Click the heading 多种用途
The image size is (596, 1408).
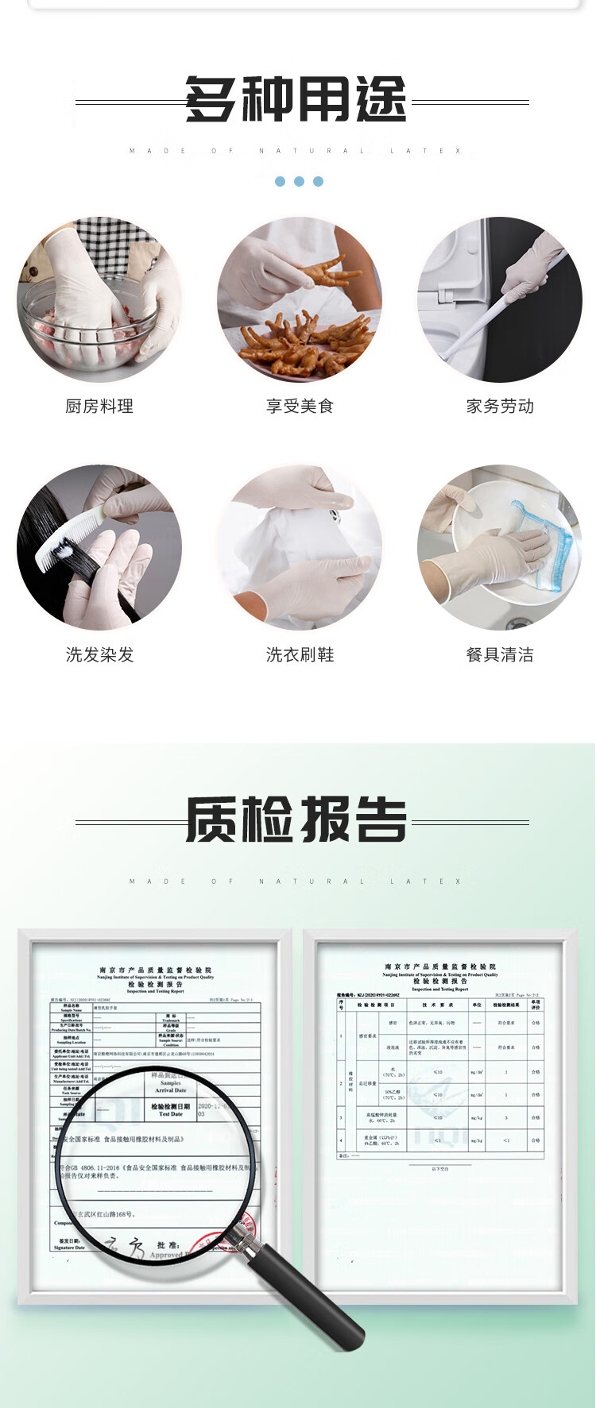(296, 101)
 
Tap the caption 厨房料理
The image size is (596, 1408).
(99, 407)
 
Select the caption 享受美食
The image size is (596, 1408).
(300, 407)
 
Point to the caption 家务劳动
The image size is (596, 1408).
(500, 407)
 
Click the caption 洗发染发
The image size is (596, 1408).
(99, 655)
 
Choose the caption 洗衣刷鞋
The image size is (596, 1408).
(300, 655)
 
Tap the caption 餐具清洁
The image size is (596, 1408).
(500, 655)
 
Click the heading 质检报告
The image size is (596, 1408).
(296, 820)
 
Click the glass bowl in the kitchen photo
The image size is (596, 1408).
(87, 334)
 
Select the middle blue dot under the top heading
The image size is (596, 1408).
(299, 182)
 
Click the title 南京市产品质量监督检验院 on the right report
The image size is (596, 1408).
(439, 966)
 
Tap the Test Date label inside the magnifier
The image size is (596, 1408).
(170, 1114)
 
